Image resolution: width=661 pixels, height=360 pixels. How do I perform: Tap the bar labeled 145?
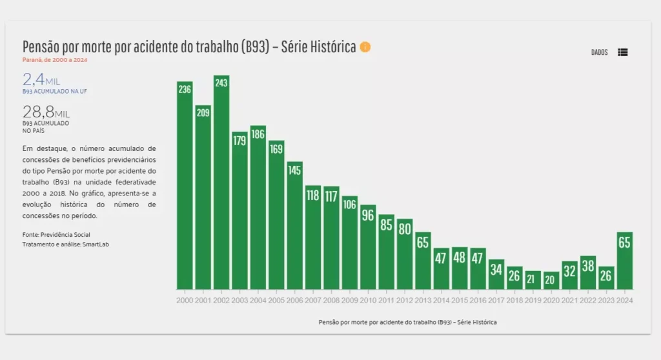[294, 225]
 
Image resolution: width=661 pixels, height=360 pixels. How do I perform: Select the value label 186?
[258, 135]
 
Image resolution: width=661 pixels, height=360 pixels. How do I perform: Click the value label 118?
[313, 195]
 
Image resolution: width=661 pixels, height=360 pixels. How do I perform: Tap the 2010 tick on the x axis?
[368, 301]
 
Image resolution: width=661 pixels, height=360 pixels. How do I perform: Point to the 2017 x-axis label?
[496, 301]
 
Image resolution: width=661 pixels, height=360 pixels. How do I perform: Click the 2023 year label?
[605, 301]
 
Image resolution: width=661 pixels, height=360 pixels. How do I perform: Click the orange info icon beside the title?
[365, 47]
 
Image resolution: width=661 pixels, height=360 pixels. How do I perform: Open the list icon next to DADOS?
[622, 52]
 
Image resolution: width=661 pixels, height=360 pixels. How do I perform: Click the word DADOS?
[600, 52]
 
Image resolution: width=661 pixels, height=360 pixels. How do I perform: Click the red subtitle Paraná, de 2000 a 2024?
[55, 60]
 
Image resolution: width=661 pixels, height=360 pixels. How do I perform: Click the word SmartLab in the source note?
[96, 245]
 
